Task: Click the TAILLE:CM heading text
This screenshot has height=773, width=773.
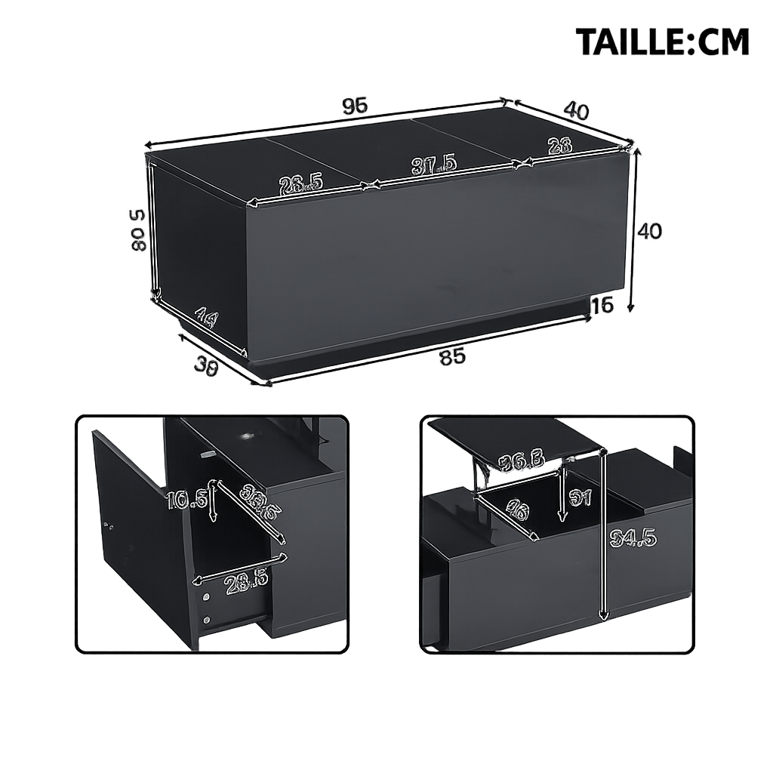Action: [x=662, y=42]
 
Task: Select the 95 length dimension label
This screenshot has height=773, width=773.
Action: [x=355, y=106]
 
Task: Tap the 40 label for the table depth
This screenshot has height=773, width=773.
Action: [x=576, y=110]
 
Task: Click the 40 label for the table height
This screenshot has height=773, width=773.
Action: [x=649, y=231]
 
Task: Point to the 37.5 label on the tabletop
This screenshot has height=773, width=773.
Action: [x=433, y=165]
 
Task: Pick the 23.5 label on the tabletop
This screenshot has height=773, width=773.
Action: [x=300, y=184]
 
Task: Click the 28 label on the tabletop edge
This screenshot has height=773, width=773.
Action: [x=559, y=146]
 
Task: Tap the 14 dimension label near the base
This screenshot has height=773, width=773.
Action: [x=205, y=318]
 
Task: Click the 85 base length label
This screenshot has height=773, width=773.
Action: [x=452, y=357]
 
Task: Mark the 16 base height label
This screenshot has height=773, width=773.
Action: [x=602, y=305]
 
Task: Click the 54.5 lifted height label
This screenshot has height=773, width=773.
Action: [x=634, y=537]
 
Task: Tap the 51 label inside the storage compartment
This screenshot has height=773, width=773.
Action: [x=581, y=497]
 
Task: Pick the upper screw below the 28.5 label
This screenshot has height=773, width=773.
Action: [x=206, y=597]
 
